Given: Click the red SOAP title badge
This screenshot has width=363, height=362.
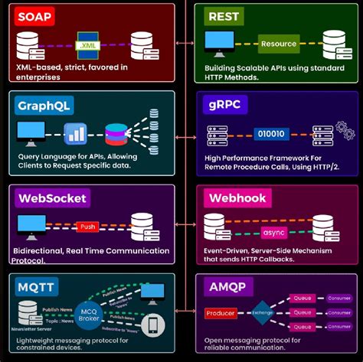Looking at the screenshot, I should (35, 16).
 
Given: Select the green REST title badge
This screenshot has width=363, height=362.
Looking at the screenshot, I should (225, 15).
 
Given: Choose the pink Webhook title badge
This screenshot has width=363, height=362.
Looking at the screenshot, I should (237, 198).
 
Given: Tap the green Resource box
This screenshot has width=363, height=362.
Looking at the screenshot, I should (278, 44).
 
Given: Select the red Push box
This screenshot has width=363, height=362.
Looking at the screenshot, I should (87, 227).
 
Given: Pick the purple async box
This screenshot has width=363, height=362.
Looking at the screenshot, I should (273, 231).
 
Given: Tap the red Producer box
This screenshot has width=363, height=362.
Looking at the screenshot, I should (221, 313).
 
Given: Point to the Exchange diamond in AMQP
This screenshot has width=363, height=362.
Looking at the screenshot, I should (262, 312).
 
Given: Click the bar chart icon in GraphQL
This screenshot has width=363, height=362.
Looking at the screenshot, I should (74, 134).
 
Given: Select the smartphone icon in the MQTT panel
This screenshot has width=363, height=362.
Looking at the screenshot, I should (153, 325).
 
